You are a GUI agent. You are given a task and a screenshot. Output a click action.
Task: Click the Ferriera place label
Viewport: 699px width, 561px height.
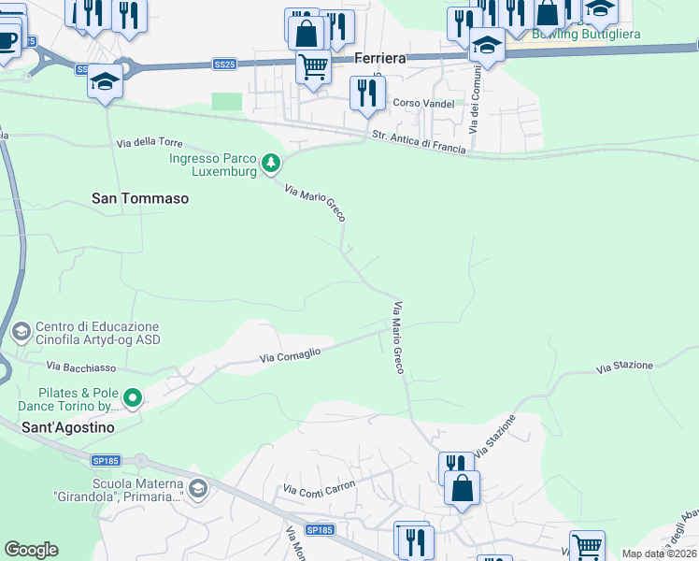[379, 58]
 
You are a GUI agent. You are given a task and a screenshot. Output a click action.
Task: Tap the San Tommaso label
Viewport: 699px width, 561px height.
[140, 198]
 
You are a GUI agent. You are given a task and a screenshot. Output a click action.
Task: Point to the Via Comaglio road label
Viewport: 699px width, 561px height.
[290, 354]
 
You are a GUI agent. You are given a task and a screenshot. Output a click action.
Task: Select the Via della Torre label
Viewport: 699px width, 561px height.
[150, 143]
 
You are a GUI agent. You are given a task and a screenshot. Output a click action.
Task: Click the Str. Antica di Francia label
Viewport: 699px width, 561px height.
[419, 142]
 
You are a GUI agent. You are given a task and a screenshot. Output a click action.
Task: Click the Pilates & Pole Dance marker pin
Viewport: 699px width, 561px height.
[133, 400]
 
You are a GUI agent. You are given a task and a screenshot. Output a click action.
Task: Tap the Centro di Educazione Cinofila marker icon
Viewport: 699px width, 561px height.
[20, 331]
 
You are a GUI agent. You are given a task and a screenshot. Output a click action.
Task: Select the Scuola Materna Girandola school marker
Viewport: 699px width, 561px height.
[197, 488]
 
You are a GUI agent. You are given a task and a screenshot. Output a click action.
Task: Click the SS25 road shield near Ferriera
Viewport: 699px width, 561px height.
[223, 65]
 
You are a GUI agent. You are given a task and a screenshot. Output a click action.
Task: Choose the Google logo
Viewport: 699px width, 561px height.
[31, 550]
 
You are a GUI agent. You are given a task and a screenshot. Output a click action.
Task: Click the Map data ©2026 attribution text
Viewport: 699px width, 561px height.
[658, 554]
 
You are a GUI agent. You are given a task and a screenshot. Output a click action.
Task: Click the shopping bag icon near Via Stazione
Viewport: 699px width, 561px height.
[462, 487]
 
